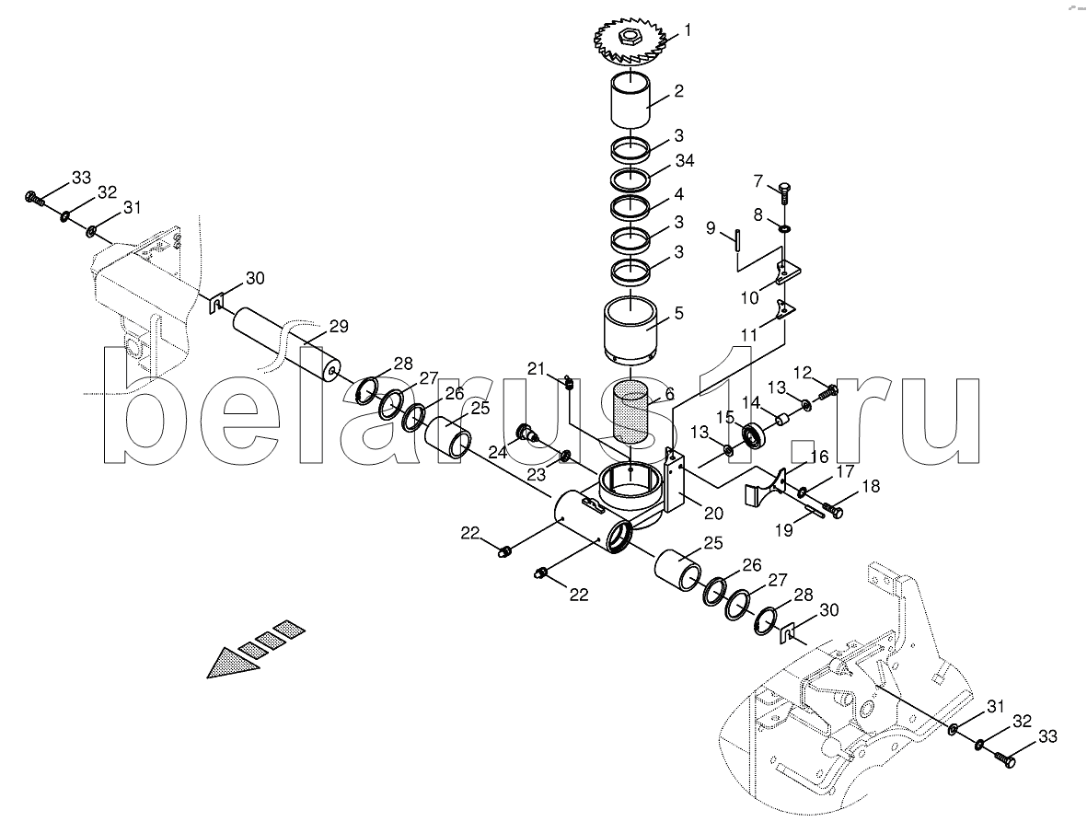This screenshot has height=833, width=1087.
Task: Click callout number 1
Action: (x=688, y=29)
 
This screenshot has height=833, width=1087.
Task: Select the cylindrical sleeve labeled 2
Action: (x=630, y=99)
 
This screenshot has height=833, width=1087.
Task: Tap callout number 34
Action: (x=685, y=161)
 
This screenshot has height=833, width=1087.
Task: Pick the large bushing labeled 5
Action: (x=630, y=331)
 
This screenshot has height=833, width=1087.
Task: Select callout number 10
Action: (x=750, y=298)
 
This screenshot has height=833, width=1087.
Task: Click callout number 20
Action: (x=713, y=514)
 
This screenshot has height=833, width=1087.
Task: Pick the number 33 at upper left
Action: (x=82, y=178)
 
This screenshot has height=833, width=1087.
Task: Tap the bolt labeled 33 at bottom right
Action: (x=1004, y=758)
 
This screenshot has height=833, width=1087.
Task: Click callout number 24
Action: (x=498, y=453)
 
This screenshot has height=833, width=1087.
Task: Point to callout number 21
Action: (x=537, y=369)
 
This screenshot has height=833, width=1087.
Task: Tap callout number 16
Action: (x=819, y=457)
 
